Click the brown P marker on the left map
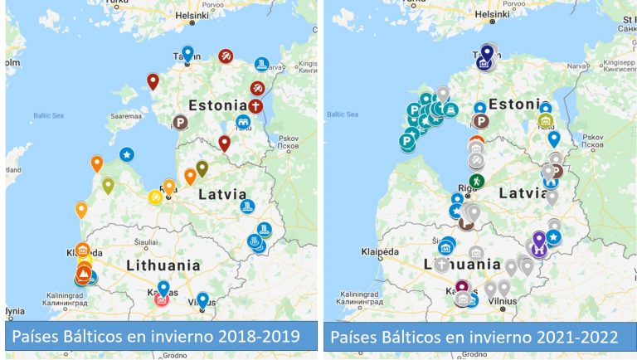[178, 124]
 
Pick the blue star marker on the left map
[126, 153]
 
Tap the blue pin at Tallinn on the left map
[188, 52]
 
